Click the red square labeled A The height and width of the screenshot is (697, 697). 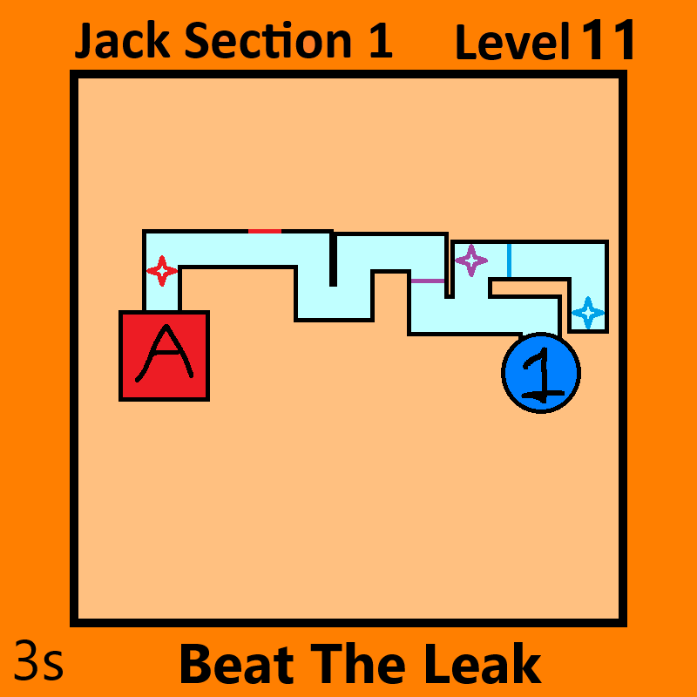click(164, 355)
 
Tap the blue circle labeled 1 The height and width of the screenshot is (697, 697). click(540, 373)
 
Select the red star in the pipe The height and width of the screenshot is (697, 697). click(162, 270)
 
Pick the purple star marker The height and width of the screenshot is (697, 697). click(471, 261)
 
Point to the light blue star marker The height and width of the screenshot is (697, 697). click(588, 313)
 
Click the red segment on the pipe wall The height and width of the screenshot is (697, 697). click(265, 231)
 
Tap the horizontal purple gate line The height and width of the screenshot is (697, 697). click(428, 281)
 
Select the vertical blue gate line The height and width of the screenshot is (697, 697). click(509, 261)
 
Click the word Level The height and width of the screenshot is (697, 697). click(512, 41)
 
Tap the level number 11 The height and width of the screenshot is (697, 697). click(607, 39)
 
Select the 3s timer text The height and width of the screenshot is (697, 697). click(38, 660)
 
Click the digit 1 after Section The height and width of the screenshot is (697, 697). click(381, 40)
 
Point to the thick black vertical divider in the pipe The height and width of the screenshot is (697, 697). click(333, 259)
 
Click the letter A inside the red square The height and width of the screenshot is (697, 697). click(165, 353)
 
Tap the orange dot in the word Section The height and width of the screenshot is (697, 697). click(309, 43)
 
